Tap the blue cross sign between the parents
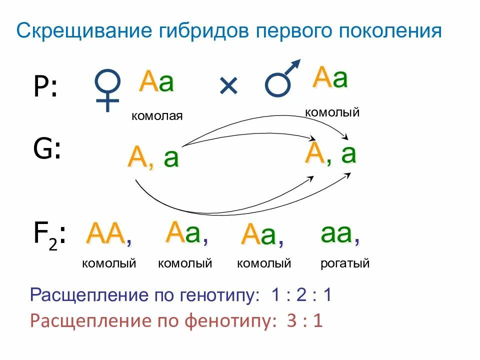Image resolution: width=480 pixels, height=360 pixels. pyautogui.click(x=228, y=87)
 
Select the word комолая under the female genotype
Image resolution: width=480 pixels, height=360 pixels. pyautogui.click(x=157, y=116)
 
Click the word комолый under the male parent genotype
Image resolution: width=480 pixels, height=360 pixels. pyautogui.click(x=332, y=112)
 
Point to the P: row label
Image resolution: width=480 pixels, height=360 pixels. pyautogui.click(x=45, y=87)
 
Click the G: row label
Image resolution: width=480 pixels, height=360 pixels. pyautogui.click(x=47, y=149)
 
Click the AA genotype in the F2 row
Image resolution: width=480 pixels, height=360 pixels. pyautogui.click(x=106, y=233)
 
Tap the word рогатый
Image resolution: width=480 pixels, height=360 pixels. pyautogui.click(x=345, y=263)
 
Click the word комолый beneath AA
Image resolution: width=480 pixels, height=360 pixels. pyautogui.click(x=109, y=263)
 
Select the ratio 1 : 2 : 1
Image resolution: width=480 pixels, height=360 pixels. pyautogui.click(x=301, y=295)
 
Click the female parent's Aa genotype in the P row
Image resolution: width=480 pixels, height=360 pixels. pyautogui.click(x=157, y=82)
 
